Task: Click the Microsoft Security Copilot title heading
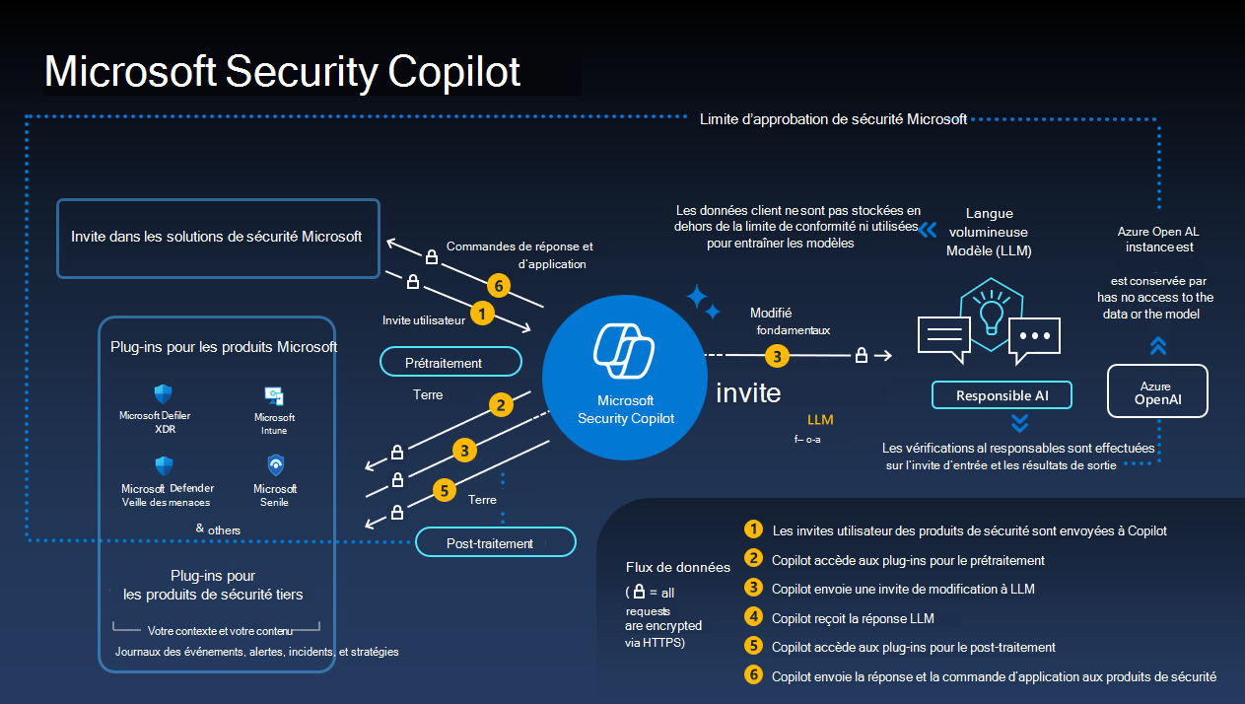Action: click(x=283, y=73)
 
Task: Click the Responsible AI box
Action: click(x=1001, y=395)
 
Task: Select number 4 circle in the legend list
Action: click(x=754, y=617)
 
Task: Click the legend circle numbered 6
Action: click(x=754, y=675)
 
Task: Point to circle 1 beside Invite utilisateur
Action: click(x=481, y=314)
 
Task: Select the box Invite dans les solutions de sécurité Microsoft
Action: click(x=217, y=238)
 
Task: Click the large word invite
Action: click(x=748, y=393)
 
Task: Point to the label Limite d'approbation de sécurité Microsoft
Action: click(x=833, y=119)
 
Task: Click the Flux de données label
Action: click(x=677, y=567)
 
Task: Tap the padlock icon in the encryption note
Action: click(x=639, y=593)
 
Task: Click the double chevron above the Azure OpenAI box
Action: click(x=1158, y=345)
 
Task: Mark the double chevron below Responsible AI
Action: click(x=1020, y=423)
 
